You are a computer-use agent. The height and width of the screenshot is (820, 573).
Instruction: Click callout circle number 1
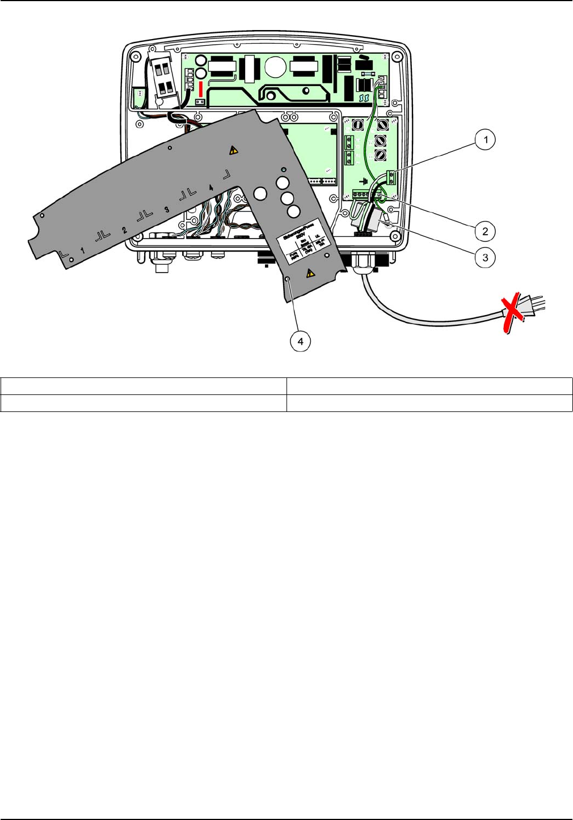tap(485, 139)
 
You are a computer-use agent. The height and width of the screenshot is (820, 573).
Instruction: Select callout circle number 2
tap(485, 231)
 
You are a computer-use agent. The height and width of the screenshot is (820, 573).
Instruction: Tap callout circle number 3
tap(485, 257)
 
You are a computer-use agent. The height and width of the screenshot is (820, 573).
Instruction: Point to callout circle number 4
tap(301, 341)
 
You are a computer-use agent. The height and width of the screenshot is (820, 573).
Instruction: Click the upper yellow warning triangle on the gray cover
tap(233, 150)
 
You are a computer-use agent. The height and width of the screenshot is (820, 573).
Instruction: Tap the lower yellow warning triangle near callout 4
tap(310, 273)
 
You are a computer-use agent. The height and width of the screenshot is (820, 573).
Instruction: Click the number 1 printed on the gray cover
tap(83, 250)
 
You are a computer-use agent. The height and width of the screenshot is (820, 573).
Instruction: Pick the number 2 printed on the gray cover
tap(124, 230)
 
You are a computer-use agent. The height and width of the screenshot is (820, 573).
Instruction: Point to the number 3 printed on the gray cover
tap(166, 209)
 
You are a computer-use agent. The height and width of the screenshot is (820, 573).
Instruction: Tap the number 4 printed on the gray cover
tap(210, 187)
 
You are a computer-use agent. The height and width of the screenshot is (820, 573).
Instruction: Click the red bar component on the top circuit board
tap(200, 87)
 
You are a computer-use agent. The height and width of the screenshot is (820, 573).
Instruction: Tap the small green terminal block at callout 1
tap(391, 177)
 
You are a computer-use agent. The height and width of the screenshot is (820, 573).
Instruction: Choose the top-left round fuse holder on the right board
tap(357, 125)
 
